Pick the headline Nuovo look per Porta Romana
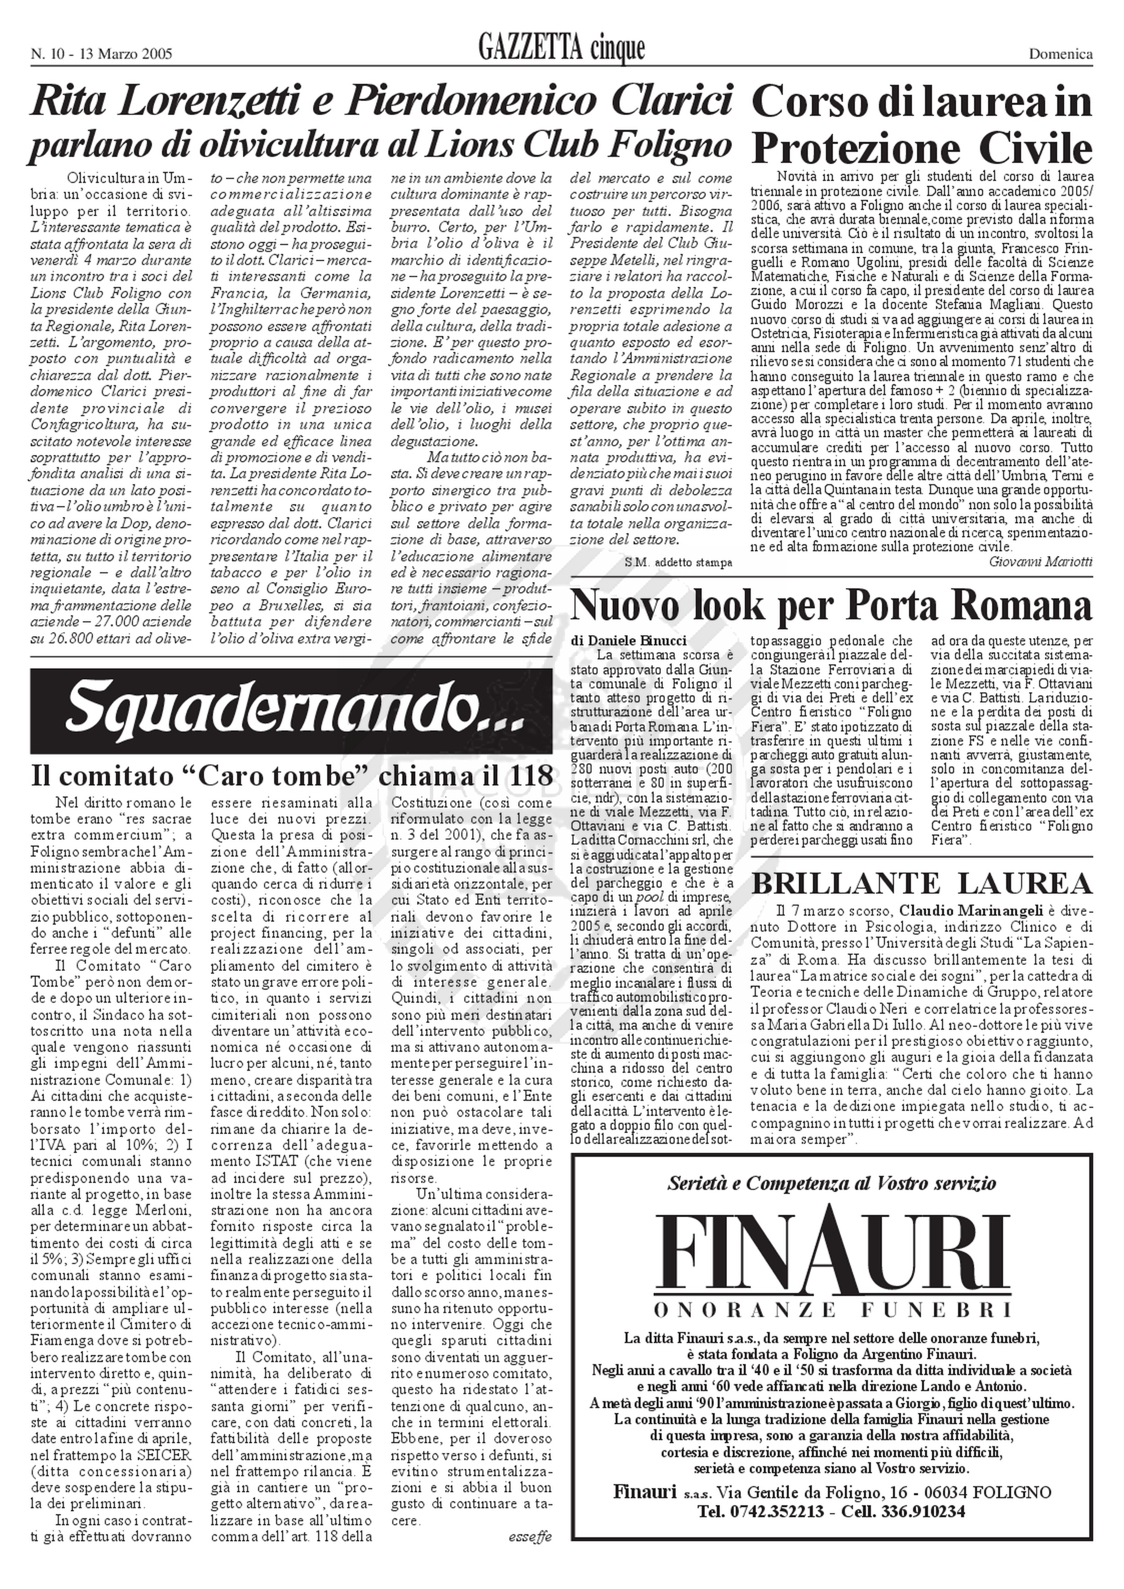pyautogui.click(x=831, y=605)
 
